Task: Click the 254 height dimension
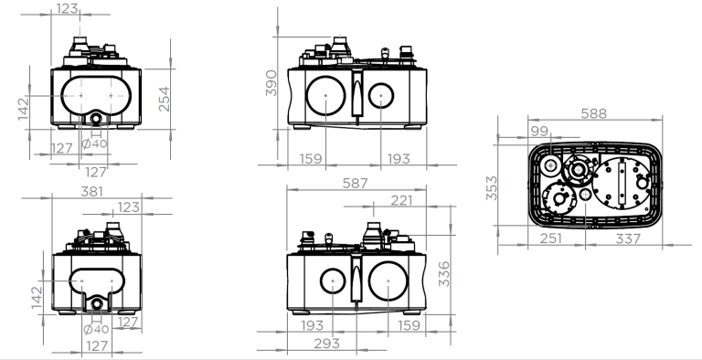coord(165,99)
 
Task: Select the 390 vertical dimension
coord(271,83)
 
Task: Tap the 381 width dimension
coord(91,192)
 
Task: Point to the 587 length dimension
coord(355,183)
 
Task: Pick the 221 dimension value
coord(401,201)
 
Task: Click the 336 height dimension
coord(443,274)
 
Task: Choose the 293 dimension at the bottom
coord(327,344)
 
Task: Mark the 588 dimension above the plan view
coord(593,113)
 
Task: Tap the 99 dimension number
coord(539,131)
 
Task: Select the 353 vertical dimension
coord(492,188)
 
